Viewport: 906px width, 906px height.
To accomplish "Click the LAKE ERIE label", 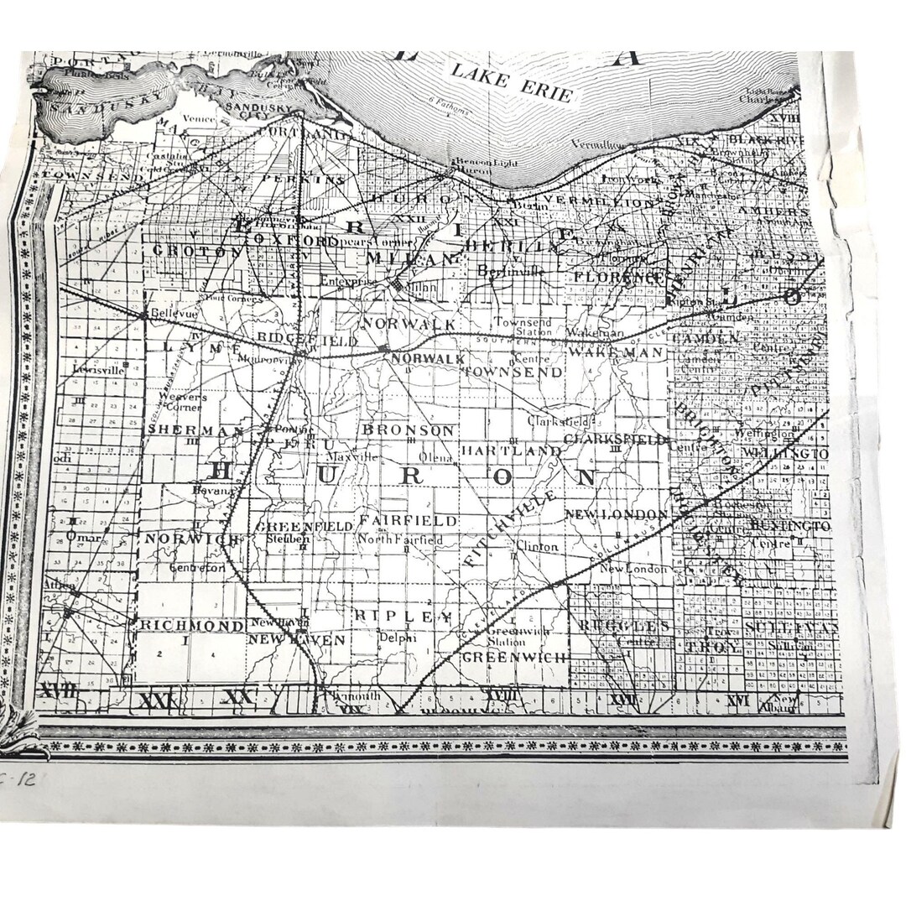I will (512, 81).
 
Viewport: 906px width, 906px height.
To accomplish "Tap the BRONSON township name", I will (408, 430).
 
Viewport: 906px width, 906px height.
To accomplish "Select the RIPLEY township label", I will (403, 616).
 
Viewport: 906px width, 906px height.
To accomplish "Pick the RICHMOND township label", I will (180, 625).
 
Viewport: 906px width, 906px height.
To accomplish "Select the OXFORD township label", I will (303, 241).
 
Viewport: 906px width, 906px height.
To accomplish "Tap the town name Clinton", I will (537, 546).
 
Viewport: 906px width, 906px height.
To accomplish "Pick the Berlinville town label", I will (511, 271).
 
